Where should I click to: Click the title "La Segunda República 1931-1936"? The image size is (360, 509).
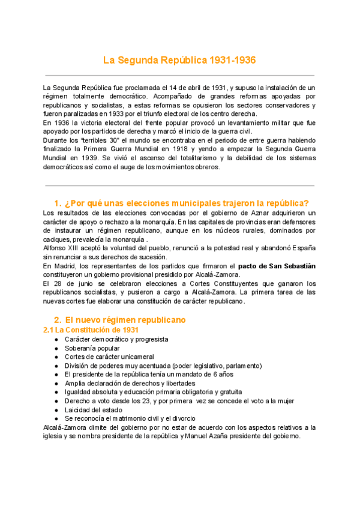pyautogui.click(x=179, y=60)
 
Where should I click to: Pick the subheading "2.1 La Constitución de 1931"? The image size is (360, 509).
pyautogui.click(x=91, y=330)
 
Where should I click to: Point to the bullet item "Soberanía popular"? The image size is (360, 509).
pyautogui.click(x=92, y=348)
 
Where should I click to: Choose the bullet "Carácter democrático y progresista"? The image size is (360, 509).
pyautogui.click(x=116, y=339)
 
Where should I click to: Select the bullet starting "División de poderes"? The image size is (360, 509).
pyautogui.click(x=162, y=365)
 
